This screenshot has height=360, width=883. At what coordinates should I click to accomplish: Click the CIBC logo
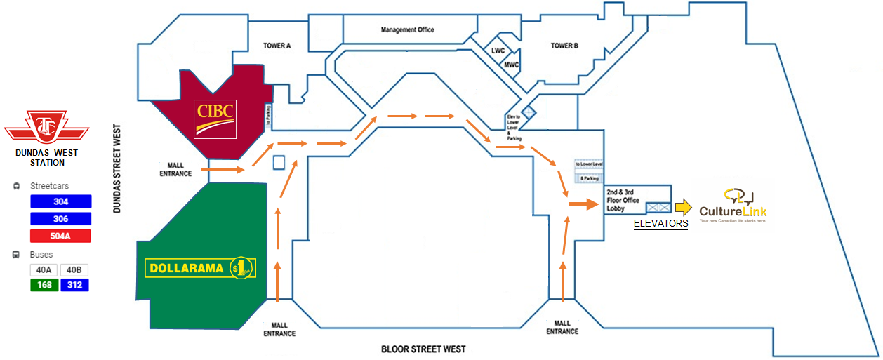point(215,118)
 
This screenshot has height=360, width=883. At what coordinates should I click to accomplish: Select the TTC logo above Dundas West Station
point(46,128)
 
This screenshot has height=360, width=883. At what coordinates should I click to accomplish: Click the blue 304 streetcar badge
point(61,201)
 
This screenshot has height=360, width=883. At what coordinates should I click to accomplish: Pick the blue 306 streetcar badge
point(61,219)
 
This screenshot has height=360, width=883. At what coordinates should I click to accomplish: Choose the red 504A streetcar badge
point(61,236)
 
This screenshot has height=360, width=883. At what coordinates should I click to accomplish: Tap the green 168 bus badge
point(44,285)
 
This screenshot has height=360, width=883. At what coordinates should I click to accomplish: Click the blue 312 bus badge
point(74,285)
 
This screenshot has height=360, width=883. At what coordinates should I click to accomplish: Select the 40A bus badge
point(44,269)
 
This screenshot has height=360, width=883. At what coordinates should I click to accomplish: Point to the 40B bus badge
point(74,269)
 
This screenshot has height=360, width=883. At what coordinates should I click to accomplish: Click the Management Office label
point(407,30)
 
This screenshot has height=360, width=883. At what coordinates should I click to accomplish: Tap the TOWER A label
point(277,46)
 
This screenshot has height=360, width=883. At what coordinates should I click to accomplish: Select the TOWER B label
point(564,46)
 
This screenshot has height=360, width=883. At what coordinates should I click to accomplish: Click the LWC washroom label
point(498,51)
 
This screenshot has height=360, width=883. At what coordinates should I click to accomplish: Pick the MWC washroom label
point(512,65)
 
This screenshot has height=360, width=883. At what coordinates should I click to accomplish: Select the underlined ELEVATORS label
point(660,224)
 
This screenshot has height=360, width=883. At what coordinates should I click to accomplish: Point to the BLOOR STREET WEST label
point(423,349)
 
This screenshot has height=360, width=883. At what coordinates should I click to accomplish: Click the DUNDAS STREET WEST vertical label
point(117,168)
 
